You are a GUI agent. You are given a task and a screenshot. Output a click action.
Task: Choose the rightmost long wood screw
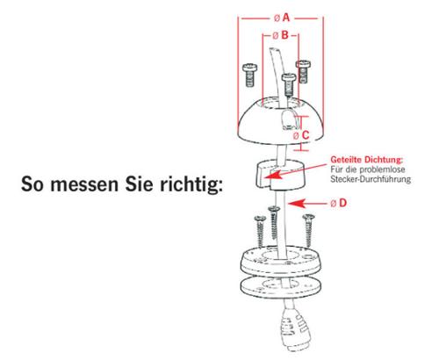tap(307, 230)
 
